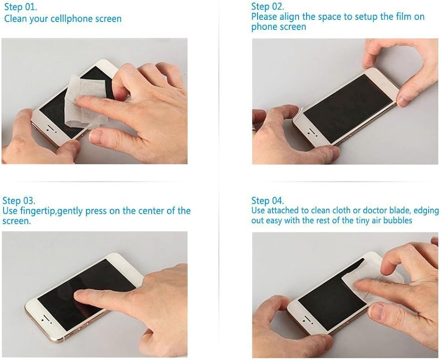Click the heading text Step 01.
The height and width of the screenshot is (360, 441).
click(21, 7)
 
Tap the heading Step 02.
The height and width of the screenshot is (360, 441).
click(268, 6)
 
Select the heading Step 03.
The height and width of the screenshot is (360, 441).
click(19, 201)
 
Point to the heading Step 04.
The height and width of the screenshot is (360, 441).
click(268, 201)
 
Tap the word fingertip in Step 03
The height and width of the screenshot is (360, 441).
click(37, 211)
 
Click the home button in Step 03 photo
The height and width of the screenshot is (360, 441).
click(126, 270)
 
